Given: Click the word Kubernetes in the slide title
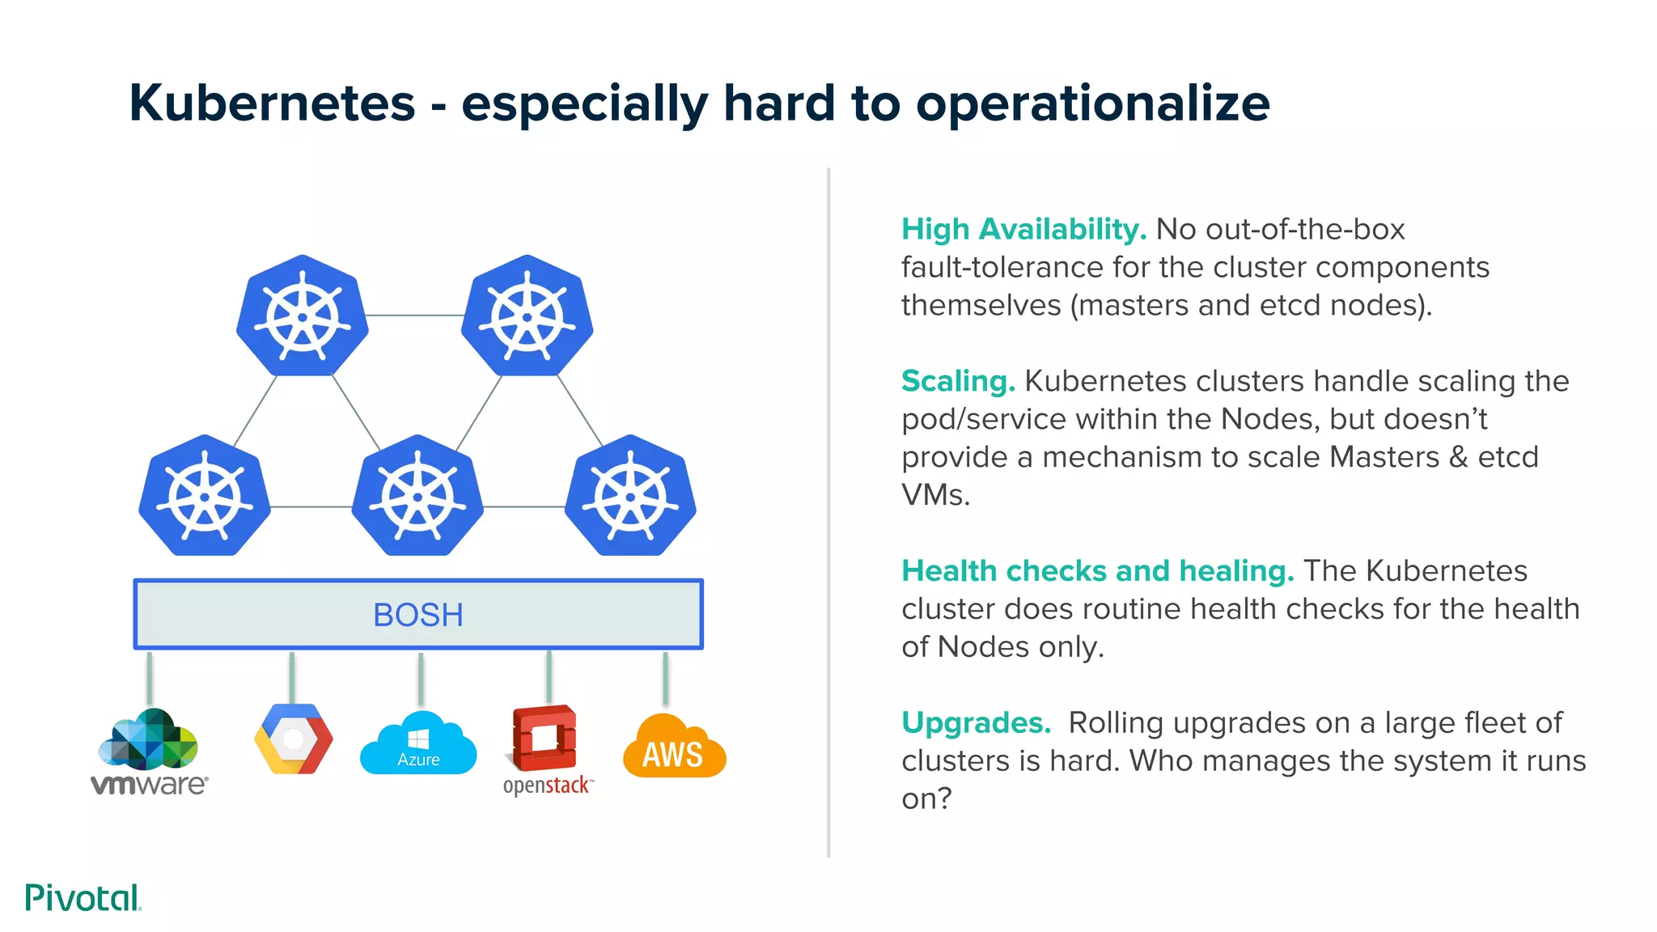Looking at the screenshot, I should pos(272,104).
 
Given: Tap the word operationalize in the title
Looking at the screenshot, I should pos(1092,104).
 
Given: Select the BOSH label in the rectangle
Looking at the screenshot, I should pos(417,615).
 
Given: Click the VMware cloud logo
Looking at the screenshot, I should pos(149,739).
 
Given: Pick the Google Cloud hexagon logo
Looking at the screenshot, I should pos(293,739).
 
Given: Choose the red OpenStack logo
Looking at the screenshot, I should pos(545,738).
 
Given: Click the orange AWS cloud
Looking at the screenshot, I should pos(674,748).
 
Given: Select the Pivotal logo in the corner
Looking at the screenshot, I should pos(83,898).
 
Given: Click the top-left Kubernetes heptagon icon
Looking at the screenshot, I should pos(302,316).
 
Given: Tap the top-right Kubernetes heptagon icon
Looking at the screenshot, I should pos(527,316).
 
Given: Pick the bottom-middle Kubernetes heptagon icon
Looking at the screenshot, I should pos(417,496).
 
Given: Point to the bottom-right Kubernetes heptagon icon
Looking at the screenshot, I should pos(630,496).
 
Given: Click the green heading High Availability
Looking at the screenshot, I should pos(1023,230).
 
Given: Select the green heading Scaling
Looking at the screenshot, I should pos(958,381).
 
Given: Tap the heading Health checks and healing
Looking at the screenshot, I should pos(1097,571).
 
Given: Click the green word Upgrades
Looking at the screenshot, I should pos(976,722).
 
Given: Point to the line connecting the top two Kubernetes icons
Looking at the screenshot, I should pos(414,316).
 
